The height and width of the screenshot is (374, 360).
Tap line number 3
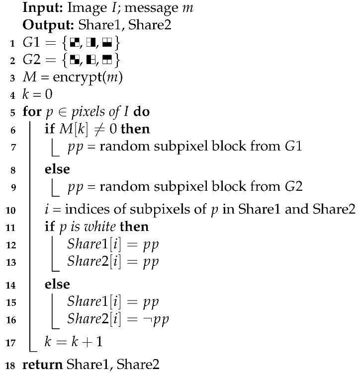[11, 77]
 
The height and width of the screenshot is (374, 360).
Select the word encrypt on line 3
[73, 77]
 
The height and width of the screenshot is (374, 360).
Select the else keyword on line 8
[57, 169]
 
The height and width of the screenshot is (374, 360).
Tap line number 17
[11, 342]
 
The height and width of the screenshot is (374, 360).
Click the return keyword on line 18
[42, 364]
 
